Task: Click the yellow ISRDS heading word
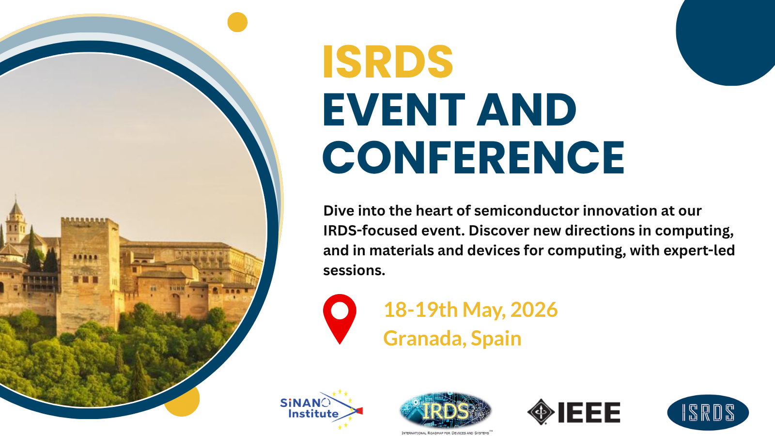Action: (387, 62)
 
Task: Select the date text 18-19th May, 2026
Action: (470, 310)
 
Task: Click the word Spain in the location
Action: (496, 339)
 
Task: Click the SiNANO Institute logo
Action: (322, 409)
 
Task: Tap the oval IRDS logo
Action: (446, 411)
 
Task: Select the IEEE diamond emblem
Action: (541, 412)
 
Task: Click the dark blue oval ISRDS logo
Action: (708, 412)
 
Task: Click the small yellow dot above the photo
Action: (237, 22)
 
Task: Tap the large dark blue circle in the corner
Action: (726, 38)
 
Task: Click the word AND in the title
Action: (527, 110)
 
